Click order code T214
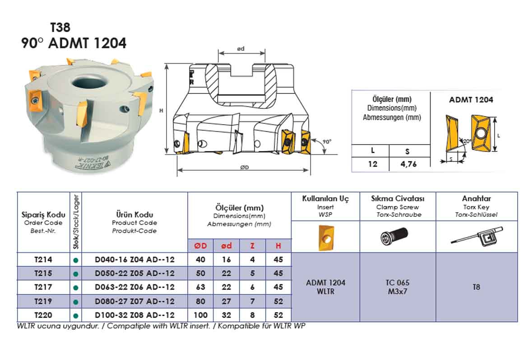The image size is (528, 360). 43,260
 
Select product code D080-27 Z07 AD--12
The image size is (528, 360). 134,301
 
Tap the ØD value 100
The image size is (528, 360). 201,315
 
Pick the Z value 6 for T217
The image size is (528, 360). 252,287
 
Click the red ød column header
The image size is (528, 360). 227,246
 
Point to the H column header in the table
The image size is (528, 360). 278,246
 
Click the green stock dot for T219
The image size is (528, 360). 76,302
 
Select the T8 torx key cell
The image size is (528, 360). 476,287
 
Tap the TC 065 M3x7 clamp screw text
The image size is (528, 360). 398,287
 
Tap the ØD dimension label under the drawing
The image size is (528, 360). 245,167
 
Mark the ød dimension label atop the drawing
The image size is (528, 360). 241,48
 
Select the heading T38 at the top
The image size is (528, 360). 60,28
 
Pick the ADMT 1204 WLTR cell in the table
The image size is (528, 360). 326,287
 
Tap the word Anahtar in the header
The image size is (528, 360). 476,198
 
